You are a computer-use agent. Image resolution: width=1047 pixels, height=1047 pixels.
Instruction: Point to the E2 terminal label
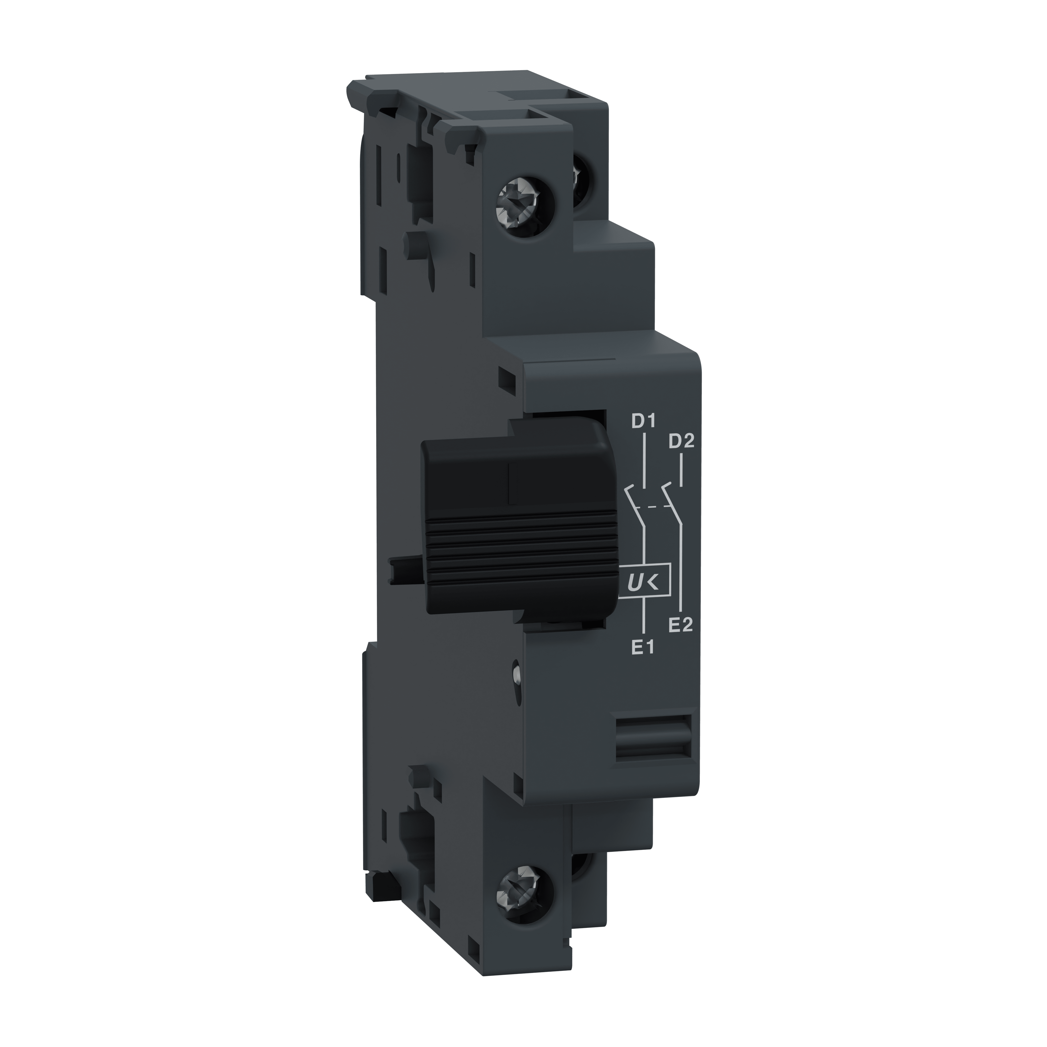click(x=681, y=625)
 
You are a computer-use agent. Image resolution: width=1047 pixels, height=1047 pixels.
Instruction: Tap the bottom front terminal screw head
click(x=525, y=893)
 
